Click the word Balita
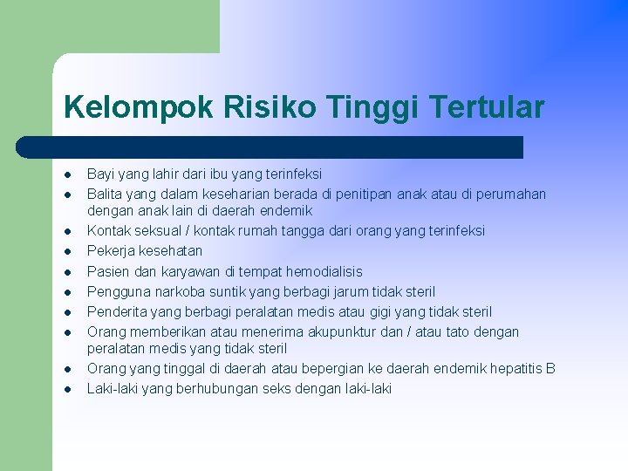point(105,194)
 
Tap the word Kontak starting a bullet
point(109,231)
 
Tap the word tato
point(428,331)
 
